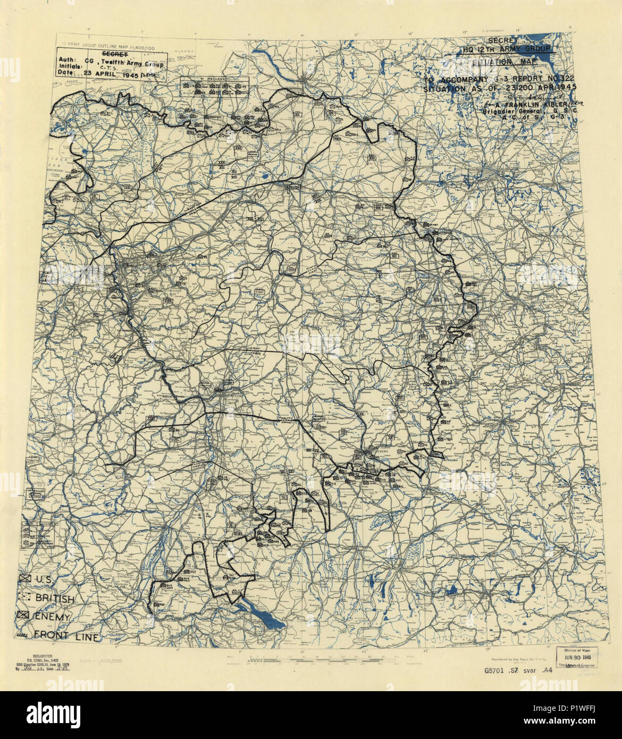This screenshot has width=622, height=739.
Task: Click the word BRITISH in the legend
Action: click(55, 599)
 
